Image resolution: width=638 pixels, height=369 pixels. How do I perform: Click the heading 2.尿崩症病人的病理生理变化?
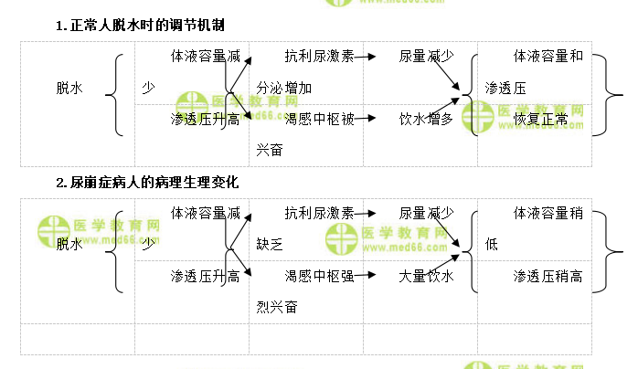pyautogui.click(x=147, y=183)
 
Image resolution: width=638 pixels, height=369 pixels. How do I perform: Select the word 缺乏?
pyautogui.click(x=271, y=245)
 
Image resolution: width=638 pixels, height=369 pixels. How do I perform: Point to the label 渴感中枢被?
pyautogui.click(x=319, y=119)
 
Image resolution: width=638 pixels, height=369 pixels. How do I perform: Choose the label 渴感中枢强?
pyautogui.click(x=319, y=276)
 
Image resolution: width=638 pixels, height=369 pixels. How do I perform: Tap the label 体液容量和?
pyautogui.click(x=548, y=57)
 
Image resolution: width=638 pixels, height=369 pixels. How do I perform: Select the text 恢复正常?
pyautogui.click(x=540, y=119)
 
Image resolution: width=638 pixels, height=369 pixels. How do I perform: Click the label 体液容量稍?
pyautogui.click(x=548, y=214)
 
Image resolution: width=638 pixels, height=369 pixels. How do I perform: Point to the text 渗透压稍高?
pyautogui.click(x=548, y=276)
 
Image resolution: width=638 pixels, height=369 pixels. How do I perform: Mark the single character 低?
pyautogui.click(x=492, y=245)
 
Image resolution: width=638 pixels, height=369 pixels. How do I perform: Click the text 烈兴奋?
pyautogui.click(x=277, y=307)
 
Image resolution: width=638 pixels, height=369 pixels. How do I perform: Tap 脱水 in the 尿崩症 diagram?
pyautogui.click(x=69, y=245)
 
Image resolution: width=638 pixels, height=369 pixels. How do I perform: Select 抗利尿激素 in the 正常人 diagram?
pyautogui.click(x=319, y=57)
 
